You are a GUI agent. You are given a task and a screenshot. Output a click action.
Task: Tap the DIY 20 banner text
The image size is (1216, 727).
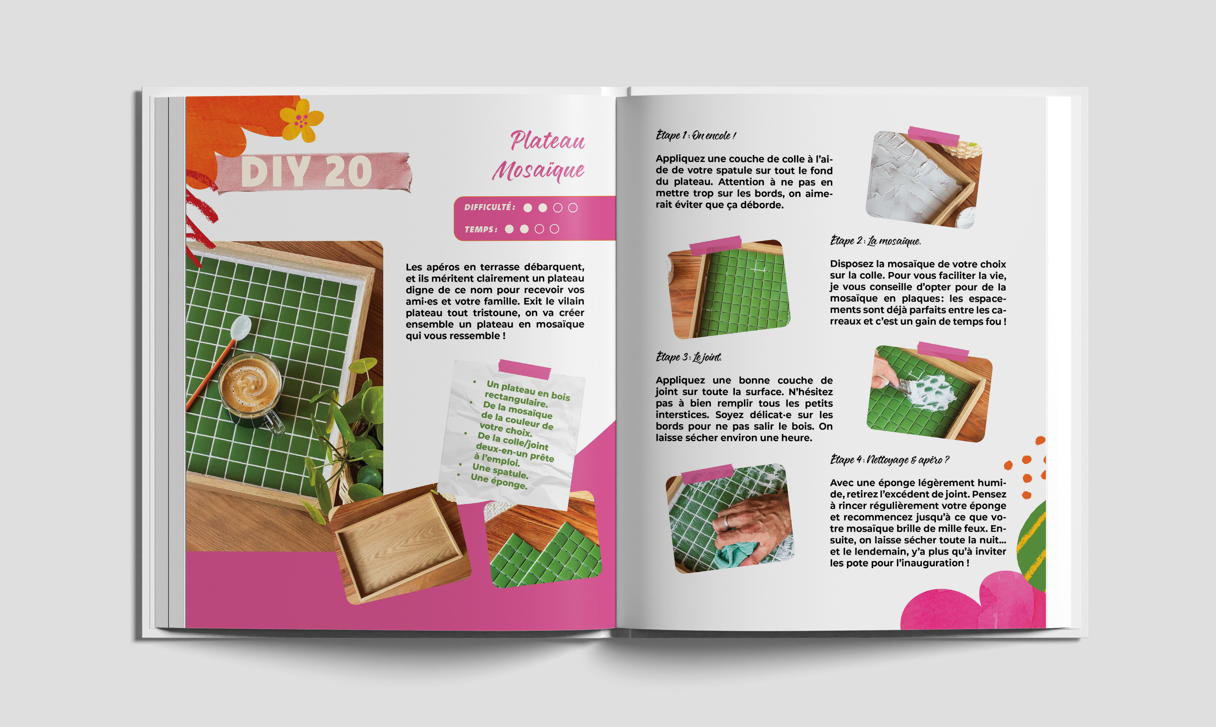pos(307,171)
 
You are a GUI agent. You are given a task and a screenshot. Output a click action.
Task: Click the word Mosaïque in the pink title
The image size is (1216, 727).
pos(538,170)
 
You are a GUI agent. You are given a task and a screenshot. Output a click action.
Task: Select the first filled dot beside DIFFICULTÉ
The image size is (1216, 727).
pos(527,208)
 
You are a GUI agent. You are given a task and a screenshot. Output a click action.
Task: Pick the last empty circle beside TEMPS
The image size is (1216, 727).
pos(554,229)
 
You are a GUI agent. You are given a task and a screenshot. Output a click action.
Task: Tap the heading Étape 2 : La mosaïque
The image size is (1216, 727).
pos(876,240)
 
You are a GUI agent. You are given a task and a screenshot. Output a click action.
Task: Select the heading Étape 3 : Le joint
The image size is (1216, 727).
pos(689,357)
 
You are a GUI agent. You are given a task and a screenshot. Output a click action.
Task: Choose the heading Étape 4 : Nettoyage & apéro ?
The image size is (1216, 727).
pos(889,460)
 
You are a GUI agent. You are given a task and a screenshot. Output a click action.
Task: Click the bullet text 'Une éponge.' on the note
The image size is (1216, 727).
pos(499,481)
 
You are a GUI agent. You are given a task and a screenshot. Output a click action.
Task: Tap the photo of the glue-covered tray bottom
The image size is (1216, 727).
pos(924,179)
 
